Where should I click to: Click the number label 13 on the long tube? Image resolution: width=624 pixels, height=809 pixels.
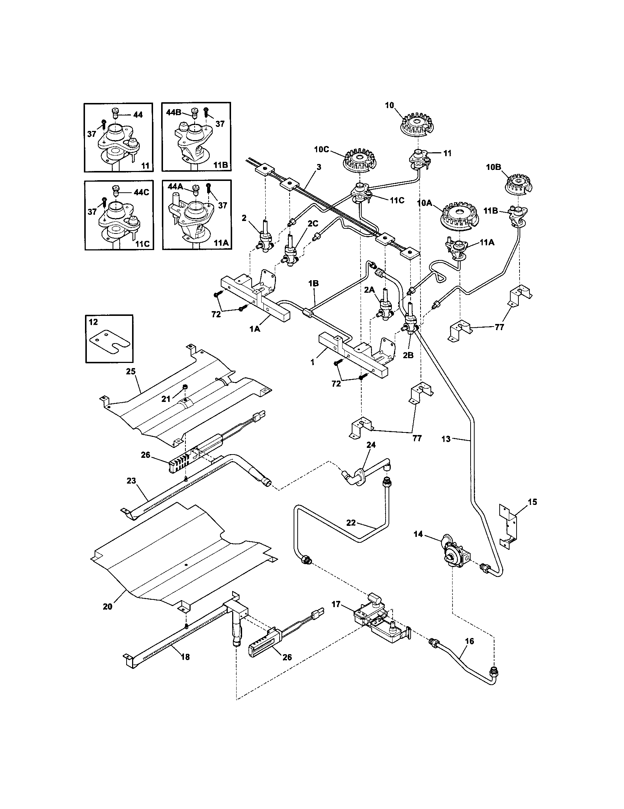pyautogui.click(x=446, y=439)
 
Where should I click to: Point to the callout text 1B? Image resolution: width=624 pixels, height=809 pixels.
pyautogui.click(x=313, y=284)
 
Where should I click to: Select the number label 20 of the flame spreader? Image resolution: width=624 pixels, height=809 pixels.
pyautogui.click(x=107, y=607)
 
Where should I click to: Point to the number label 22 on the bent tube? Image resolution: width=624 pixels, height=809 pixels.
pyautogui.click(x=351, y=523)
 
